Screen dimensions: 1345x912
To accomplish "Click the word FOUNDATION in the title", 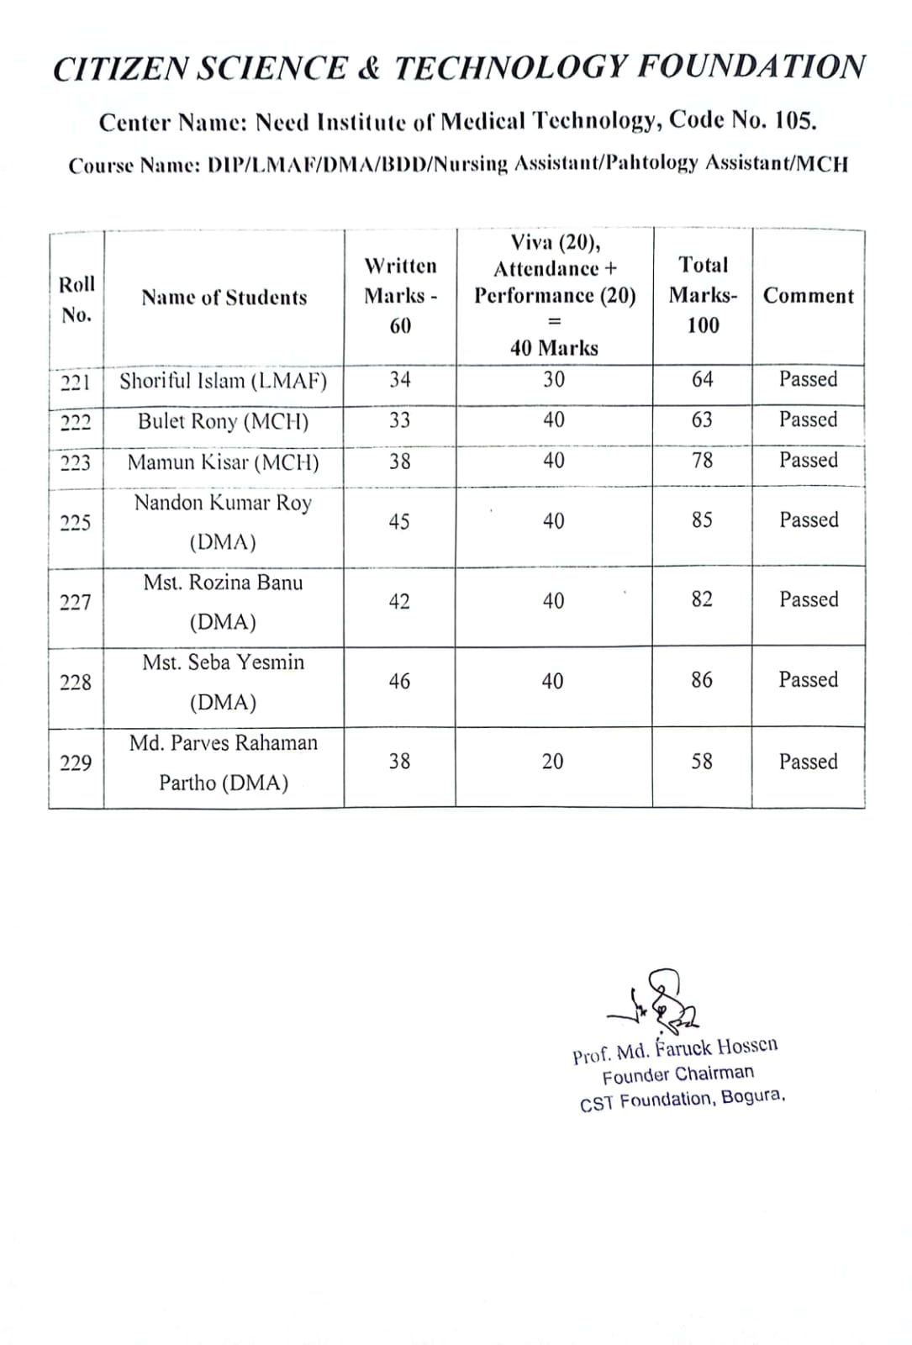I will coord(751,67).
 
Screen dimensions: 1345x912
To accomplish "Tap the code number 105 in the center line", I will coord(793,122).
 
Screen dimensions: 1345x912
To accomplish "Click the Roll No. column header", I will coord(76,298).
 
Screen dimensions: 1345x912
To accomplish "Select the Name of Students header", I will coord(224,298).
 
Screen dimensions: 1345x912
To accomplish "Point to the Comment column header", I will coord(808,296).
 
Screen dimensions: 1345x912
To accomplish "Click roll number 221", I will coord(76,382).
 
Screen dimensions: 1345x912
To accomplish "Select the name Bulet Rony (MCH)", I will coord(224,421).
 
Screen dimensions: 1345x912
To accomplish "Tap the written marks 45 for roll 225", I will coord(399,522).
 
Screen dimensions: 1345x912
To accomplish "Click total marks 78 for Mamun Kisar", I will coord(702,461).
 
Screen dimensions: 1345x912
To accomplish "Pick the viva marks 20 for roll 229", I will coord(552,762).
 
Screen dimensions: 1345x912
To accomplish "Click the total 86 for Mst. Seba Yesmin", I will coord(702,680).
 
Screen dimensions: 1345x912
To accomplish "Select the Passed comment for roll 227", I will coord(808,599).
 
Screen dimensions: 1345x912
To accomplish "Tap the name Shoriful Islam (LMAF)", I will coord(224,382).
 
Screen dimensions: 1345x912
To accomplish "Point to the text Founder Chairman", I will coord(677,1074).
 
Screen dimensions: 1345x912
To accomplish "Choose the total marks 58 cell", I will coord(702,762).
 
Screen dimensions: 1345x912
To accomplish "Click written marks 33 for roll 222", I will coord(399,420).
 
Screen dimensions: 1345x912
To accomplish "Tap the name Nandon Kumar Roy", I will coord(224,504).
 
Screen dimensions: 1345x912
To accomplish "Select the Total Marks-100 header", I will coord(703,295).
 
